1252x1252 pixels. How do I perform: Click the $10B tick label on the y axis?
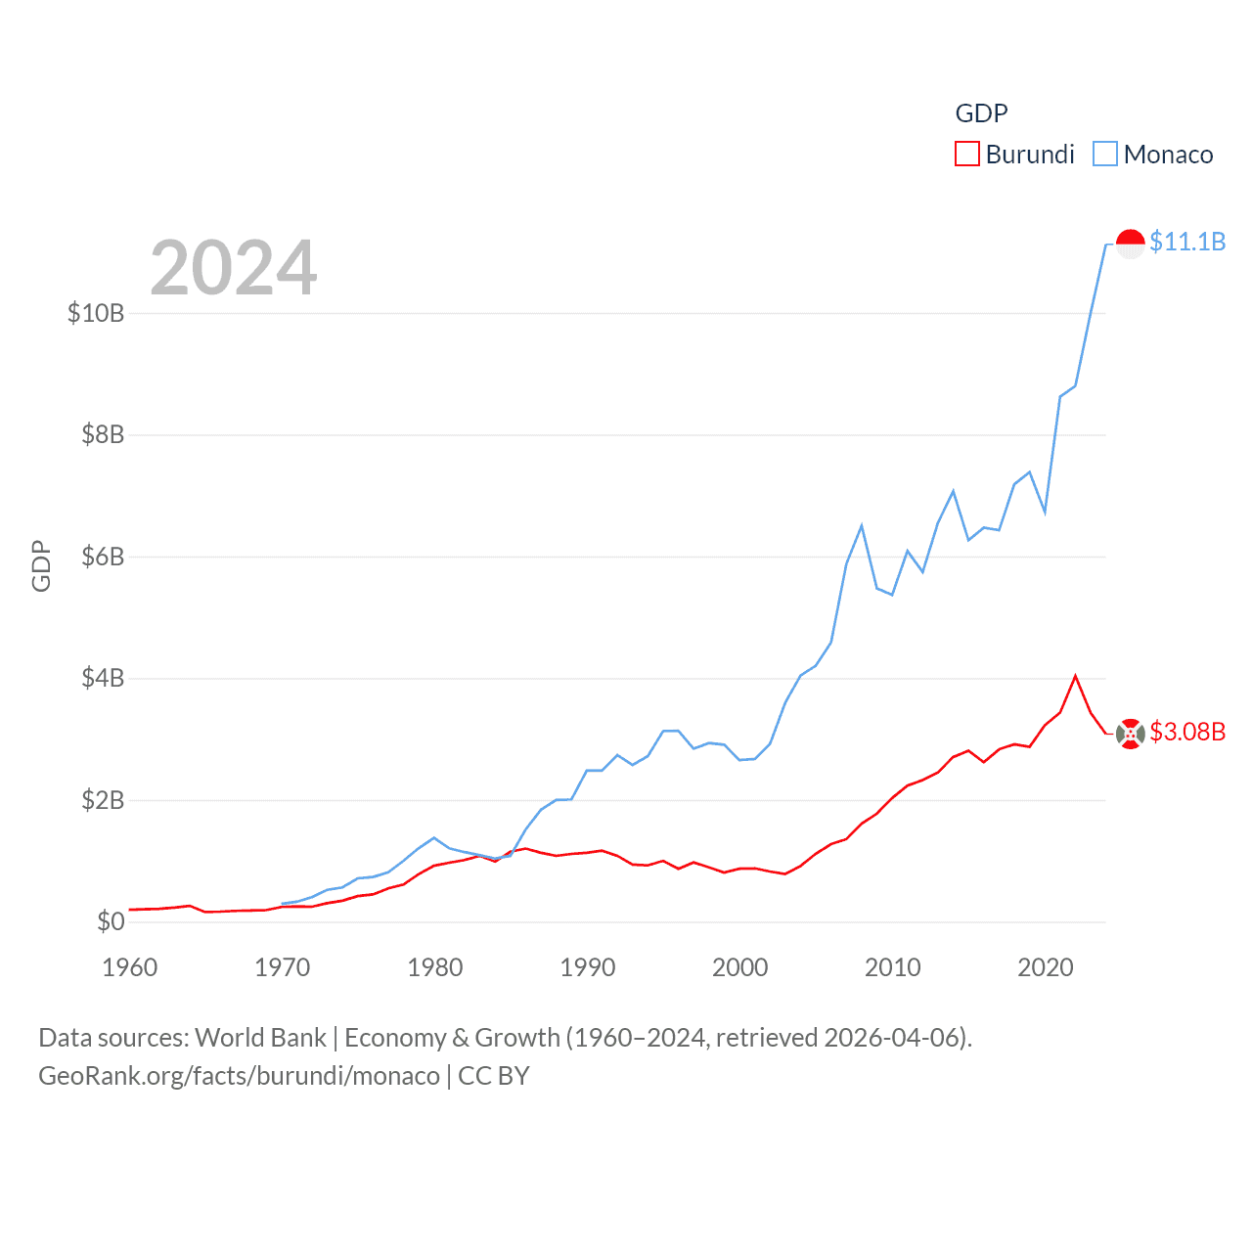[x=96, y=313]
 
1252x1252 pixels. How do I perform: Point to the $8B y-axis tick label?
[x=103, y=434]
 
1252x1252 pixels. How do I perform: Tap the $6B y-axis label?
[x=103, y=557]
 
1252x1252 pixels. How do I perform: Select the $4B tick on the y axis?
[x=103, y=678]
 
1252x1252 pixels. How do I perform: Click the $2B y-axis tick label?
[x=103, y=800]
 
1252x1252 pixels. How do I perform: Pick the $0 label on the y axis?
[x=111, y=921]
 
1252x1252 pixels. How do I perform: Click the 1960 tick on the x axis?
[x=130, y=967]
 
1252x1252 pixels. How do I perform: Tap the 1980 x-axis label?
[x=435, y=967]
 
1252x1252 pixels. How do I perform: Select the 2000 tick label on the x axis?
[x=740, y=967]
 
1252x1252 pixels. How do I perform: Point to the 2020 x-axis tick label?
[x=1046, y=967]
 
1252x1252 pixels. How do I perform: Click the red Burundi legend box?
[x=967, y=155]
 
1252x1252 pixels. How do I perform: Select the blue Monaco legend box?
[x=1105, y=155]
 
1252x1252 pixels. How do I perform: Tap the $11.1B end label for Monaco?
[x=1187, y=242]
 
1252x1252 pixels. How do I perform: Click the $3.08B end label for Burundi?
[x=1187, y=732]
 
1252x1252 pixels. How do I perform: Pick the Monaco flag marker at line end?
[x=1131, y=244]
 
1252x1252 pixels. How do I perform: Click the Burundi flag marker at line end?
[x=1131, y=734]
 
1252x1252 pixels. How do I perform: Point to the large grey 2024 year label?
[x=234, y=268]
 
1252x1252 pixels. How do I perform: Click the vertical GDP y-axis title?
[x=41, y=565]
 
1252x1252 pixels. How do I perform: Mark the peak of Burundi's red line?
[x=1076, y=676]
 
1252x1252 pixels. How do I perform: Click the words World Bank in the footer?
[x=260, y=1037]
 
